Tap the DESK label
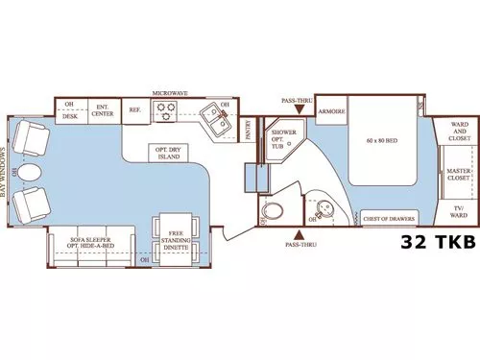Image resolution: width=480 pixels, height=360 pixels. pos(69,115)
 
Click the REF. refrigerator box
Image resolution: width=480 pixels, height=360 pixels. pos(134,110)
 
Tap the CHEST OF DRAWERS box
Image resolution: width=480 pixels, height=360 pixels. pos(389,218)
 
